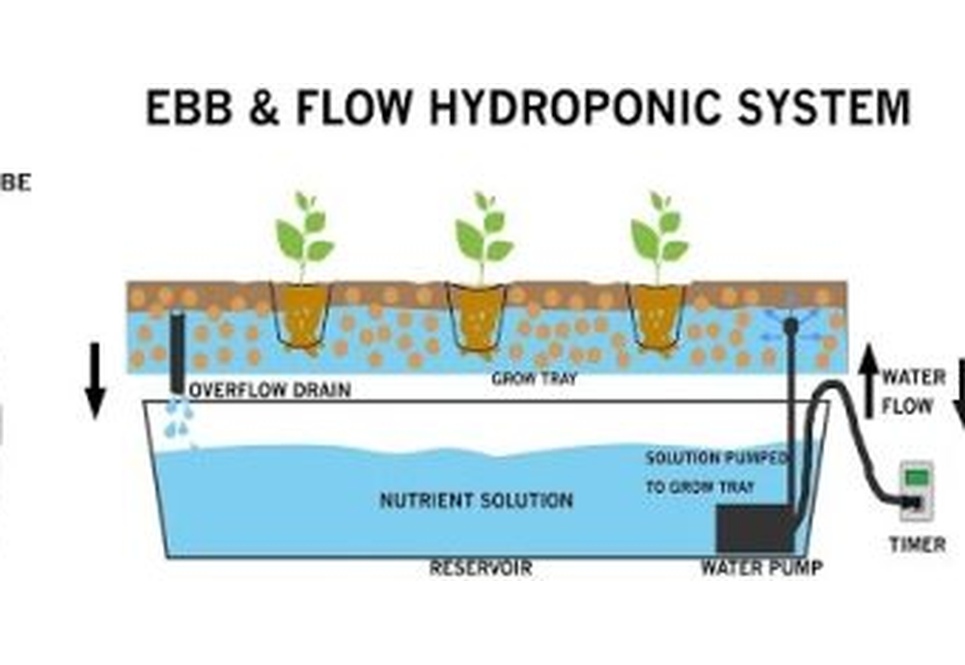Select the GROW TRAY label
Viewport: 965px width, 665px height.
(x=534, y=379)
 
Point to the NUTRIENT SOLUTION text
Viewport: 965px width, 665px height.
(x=476, y=501)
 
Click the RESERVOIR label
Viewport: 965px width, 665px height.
(x=480, y=568)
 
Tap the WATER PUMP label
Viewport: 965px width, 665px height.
(x=761, y=568)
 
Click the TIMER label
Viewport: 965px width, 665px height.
(x=917, y=545)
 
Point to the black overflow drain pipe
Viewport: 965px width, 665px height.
(x=178, y=352)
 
